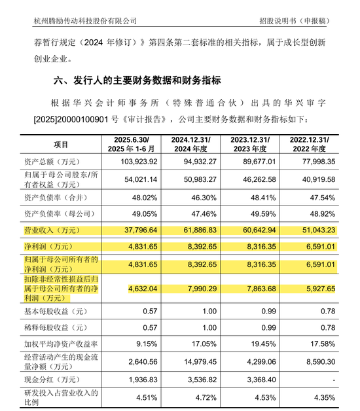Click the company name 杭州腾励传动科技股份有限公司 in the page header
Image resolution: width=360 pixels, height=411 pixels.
(85, 20)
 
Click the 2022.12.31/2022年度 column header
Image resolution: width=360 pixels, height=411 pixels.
(308, 144)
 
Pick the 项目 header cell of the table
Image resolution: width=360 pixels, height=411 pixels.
(61, 144)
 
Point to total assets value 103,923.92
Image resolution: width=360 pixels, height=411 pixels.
(133, 162)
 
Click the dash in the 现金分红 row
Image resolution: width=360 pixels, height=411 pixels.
(334, 379)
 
